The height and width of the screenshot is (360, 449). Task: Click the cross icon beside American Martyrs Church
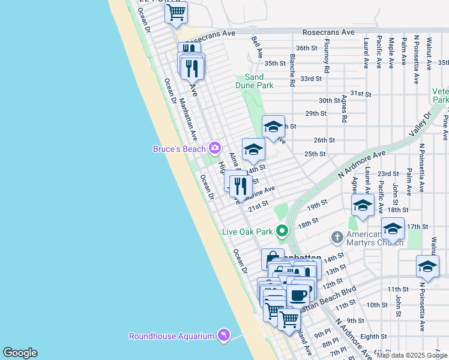[337, 238]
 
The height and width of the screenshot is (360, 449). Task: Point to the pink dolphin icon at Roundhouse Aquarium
[223, 335]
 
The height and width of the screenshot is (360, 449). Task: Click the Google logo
[20, 353]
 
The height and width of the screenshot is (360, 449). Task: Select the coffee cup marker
[298, 295]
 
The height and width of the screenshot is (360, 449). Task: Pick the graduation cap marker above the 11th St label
[427, 266]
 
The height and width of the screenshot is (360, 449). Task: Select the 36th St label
[306, 48]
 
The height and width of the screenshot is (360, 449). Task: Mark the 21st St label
[258, 205]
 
